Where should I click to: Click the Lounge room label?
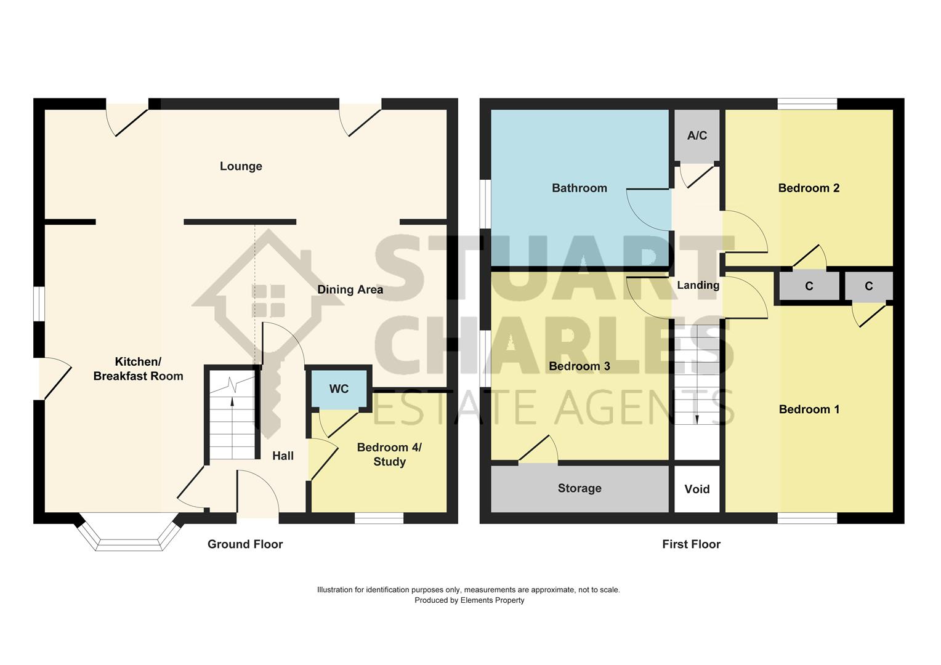coord(241,166)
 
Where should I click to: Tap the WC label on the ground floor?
coord(339,389)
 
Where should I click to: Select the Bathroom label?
coord(579,188)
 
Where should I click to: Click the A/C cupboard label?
coord(697,135)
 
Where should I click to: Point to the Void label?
coord(697,489)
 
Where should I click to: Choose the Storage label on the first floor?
coord(579,488)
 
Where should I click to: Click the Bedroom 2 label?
coord(809,188)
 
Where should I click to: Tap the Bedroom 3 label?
coord(579,366)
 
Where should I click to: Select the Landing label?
coord(698,285)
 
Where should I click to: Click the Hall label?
coord(283,456)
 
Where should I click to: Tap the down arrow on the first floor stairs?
coord(697,419)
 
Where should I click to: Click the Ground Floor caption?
coord(245,544)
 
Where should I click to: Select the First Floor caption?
coord(691,544)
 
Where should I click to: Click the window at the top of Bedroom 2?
coord(807,104)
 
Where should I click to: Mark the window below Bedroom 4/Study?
coord(379,518)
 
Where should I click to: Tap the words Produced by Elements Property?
coord(469,600)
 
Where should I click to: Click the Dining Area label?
coord(350,289)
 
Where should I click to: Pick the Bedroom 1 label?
coord(809,409)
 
